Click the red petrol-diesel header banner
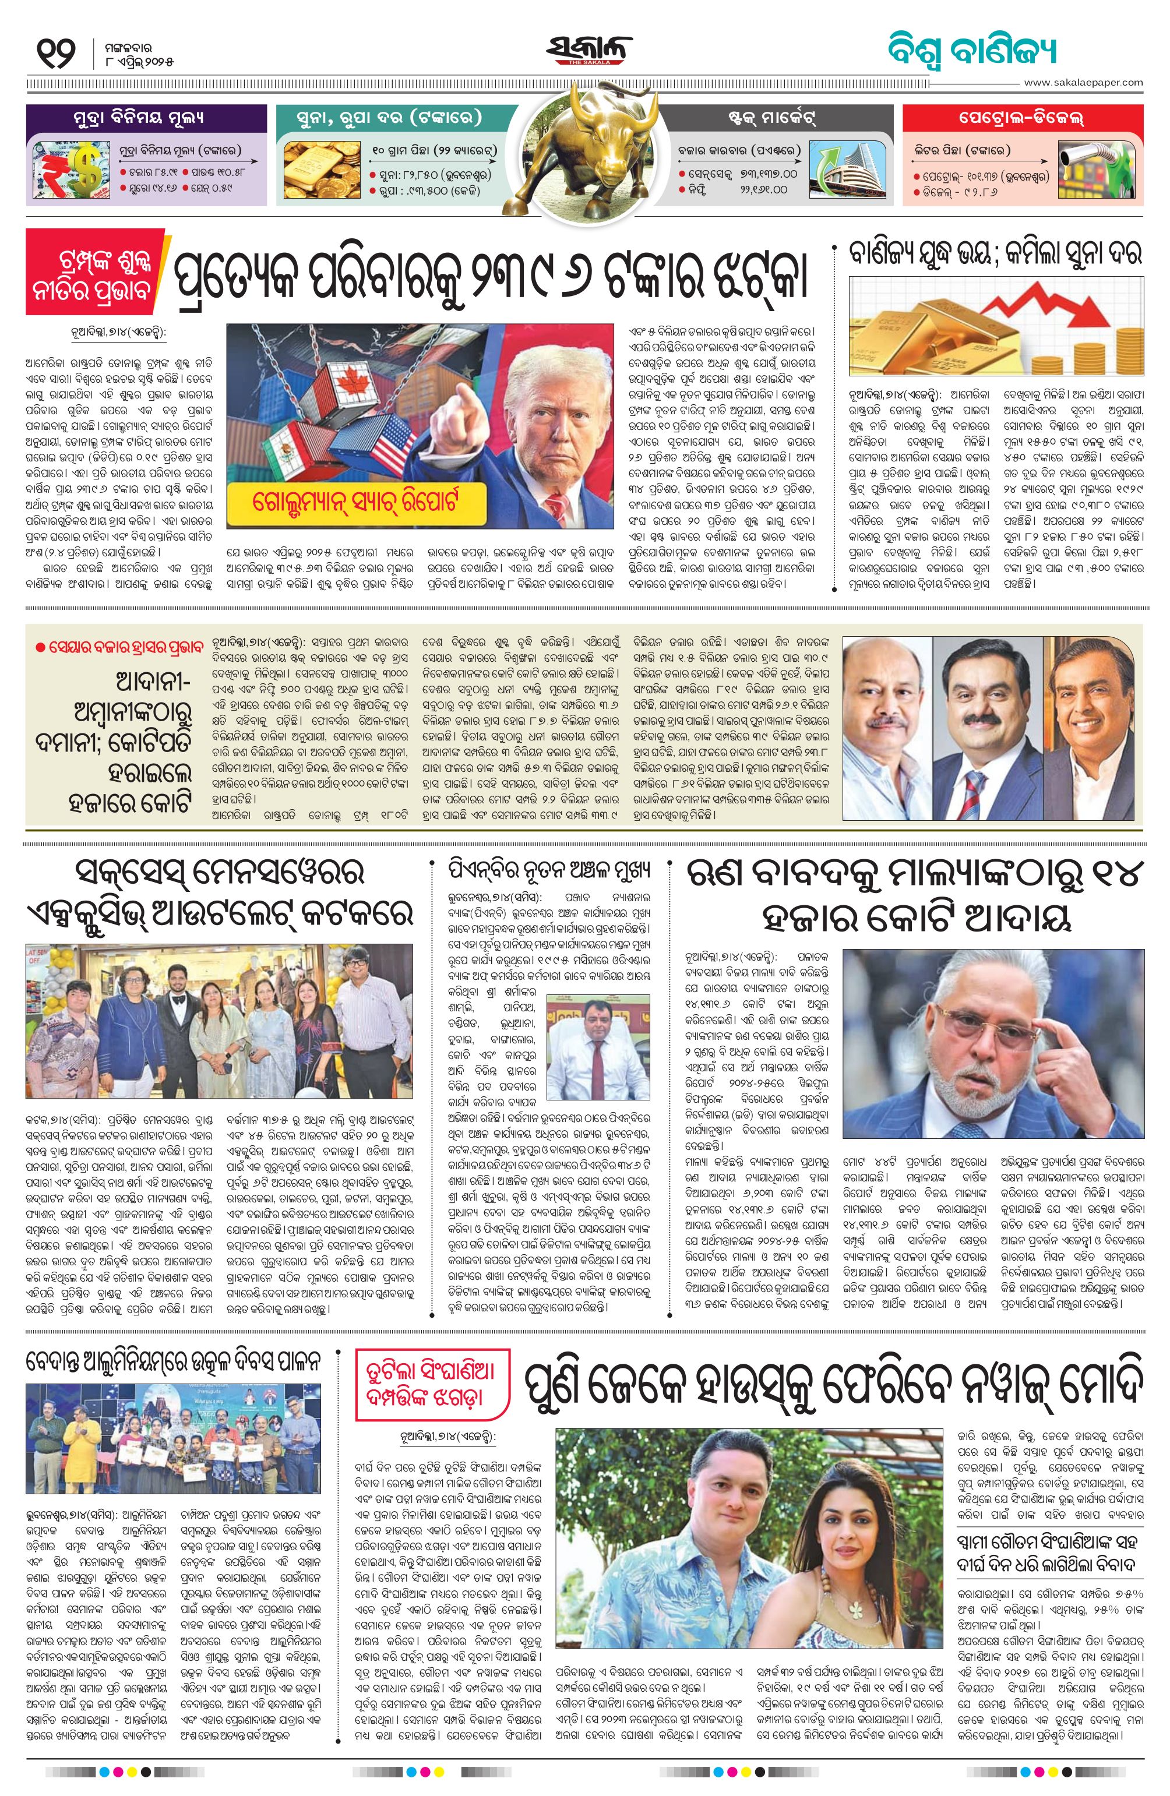click(1022, 118)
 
